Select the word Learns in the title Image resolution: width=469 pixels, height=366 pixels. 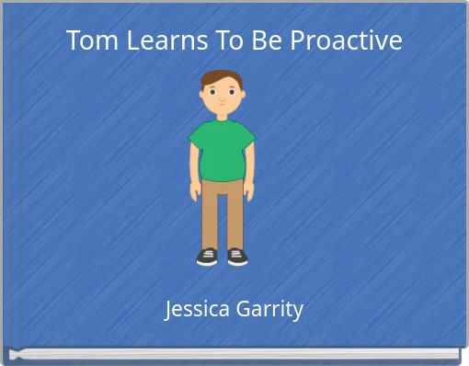pyautogui.click(x=156, y=41)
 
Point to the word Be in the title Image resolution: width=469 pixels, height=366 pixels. pyautogui.click(x=260, y=41)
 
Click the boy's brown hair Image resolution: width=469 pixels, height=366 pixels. pyautogui.click(x=222, y=77)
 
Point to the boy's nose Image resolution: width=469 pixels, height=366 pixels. pyautogui.click(x=222, y=97)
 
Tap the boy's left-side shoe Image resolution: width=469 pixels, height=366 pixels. pyautogui.click(x=208, y=257)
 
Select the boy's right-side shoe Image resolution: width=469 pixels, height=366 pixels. pyautogui.click(x=236, y=257)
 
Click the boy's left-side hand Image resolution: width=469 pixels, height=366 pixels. pyautogui.click(x=195, y=191)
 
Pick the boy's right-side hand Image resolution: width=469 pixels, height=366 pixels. pyautogui.click(x=249, y=191)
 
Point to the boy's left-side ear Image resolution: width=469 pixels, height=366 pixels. pyautogui.click(x=202, y=95)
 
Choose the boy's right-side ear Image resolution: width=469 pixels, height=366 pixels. pyautogui.click(x=241, y=95)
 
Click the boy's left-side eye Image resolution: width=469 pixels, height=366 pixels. pyautogui.click(x=213, y=92)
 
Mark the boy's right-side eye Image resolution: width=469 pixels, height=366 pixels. pyautogui.click(x=230, y=92)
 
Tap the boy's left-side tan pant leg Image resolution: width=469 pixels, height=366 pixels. pyautogui.click(x=211, y=216)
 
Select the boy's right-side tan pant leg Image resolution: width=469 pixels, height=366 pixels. pyautogui.click(x=234, y=216)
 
